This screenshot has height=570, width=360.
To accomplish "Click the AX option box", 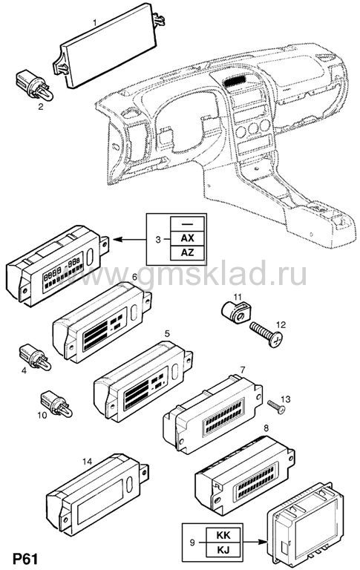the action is tap(187, 238).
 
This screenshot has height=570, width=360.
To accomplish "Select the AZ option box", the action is tap(187, 252).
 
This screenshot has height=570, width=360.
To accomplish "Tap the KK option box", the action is tap(223, 535).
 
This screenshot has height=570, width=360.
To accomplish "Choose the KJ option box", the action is tap(223, 549).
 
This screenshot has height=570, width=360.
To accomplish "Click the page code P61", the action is tap(25, 558).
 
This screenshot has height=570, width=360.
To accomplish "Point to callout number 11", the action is tap(238, 297).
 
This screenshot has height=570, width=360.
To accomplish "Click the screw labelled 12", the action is tap(266, 334).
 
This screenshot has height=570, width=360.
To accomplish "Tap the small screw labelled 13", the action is tap(276, 407).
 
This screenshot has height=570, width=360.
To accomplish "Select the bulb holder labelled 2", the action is tap(35, 85).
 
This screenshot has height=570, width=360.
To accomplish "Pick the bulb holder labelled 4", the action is tap(35, 357).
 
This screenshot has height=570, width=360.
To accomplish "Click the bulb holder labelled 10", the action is tap(56, 404).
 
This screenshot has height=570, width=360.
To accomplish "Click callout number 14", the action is tap(88, 462).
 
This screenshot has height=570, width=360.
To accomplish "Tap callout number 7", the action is tap(243, 370).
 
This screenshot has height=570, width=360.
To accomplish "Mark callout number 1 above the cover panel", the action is tap(94, 22).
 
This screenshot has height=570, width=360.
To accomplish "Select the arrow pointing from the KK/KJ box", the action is tap(253, 542).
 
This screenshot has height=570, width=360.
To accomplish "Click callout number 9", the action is tap(192, 543).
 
